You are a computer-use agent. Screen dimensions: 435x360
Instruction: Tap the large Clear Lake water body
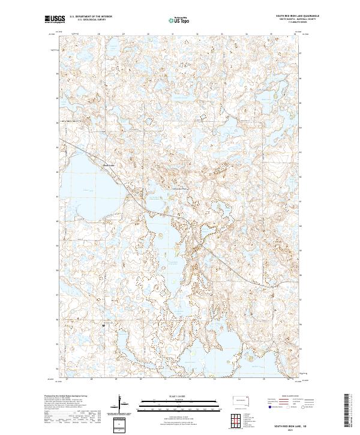[x=90, y=180]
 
